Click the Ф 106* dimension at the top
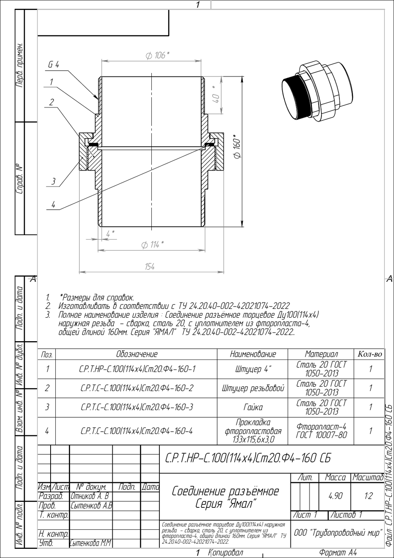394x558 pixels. tap(157, 55)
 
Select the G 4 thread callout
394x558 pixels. tap(53, 65)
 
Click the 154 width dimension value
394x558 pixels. tap(150, 267)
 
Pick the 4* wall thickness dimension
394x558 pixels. tap(110, 234)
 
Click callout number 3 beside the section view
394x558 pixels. tap(53, 181)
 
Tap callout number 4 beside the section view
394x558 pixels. tap(53, 205)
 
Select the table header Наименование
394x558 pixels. tap(253, 354)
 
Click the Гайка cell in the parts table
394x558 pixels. tap(253, 407)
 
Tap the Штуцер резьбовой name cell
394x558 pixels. tap(253, 388)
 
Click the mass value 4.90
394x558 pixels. tap(335, 496)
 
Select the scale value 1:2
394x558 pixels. tap(369, 496)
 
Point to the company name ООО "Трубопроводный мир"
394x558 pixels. tap(338, 533)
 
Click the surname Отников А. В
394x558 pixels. tap(90, 496)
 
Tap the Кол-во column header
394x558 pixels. tap(370, 354)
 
